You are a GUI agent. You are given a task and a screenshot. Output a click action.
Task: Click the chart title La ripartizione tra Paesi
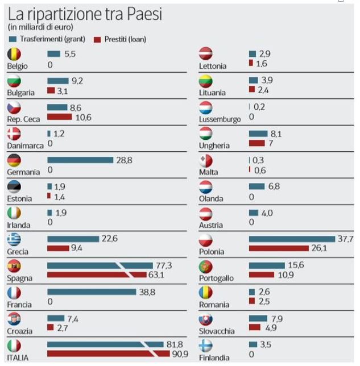[85, 14]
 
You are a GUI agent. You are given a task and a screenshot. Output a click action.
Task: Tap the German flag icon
[14, 160]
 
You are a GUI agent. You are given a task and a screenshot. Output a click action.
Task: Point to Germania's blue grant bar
[80, 160]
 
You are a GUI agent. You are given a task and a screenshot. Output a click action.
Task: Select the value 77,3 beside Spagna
[164, 265]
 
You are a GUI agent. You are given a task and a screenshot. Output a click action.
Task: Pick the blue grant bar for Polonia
[292, 239]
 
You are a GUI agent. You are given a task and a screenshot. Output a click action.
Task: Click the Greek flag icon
[14, 239]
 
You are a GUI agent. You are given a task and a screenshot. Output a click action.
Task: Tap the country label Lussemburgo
[220, 119]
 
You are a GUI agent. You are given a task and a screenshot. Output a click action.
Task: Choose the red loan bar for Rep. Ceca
[59, 117]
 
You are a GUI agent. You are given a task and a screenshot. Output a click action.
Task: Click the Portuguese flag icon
[206, 266]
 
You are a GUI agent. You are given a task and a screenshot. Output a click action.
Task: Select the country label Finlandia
[216, 357]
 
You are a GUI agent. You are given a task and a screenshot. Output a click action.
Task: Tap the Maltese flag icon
[206, 160]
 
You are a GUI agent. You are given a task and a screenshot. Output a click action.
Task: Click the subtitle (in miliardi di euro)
[40, 27]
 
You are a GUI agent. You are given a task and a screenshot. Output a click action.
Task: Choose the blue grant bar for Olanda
[256, 186]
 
